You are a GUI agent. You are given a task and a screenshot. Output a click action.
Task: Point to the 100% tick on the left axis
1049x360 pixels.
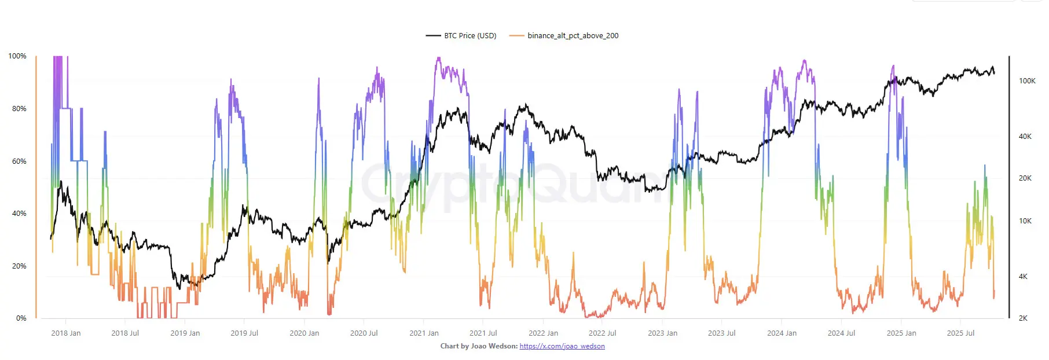coord(17,56)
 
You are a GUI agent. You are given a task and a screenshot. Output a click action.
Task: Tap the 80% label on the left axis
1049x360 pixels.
coord(19,109)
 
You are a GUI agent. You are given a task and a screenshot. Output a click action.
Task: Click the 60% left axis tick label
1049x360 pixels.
coord(19,161)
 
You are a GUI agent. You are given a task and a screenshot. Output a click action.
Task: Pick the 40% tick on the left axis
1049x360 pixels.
coord(19,214)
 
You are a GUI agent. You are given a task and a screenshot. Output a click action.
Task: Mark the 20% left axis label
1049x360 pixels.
coord(19,266)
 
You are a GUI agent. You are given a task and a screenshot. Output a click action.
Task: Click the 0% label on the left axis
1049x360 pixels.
coord(21,318)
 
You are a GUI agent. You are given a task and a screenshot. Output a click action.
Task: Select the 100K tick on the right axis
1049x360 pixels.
coord(1027,81)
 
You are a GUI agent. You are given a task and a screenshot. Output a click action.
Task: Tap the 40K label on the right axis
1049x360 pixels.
coord(1025,137)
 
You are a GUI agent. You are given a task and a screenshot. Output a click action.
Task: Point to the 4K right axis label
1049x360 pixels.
coord(1023,277)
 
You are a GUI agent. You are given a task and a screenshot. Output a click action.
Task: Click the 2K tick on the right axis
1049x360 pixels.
coord(1023,318)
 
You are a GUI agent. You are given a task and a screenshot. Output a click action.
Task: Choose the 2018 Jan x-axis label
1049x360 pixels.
coord(66,333)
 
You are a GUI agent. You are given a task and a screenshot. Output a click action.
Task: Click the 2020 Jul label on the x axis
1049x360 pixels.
coord(364,333)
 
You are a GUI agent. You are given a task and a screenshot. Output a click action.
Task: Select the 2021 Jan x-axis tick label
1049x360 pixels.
coord(424,333)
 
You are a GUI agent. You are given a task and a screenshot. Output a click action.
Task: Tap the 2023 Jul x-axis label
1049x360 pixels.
coord(721,333)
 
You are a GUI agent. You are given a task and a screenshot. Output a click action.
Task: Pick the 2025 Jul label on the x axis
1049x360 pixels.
coord(960,333)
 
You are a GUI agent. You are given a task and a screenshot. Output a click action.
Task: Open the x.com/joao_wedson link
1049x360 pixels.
coord(562,346)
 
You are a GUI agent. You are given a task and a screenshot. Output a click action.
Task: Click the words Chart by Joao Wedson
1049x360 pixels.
coord(479,346)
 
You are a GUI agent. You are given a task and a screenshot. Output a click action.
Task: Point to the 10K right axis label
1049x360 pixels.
coord(1025,221)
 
